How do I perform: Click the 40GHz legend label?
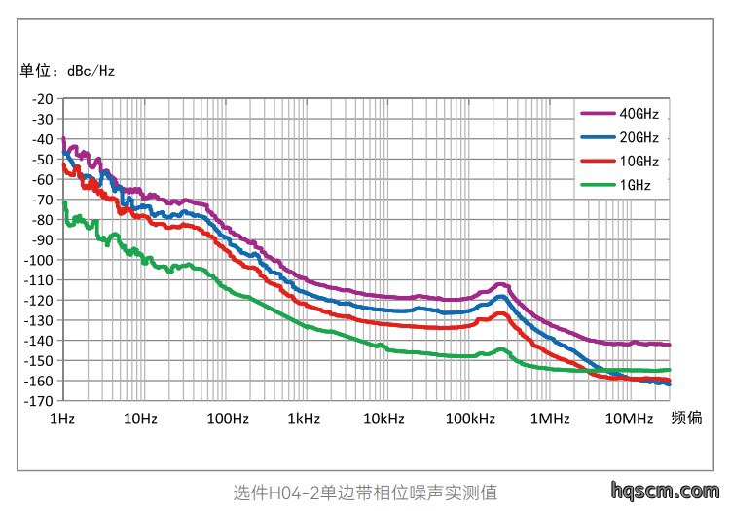coord(639,114)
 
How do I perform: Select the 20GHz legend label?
coord(639,137)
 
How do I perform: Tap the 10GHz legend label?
coord(639,162)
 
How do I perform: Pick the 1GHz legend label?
coord(635,185)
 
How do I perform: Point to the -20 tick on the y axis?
coord(43,99)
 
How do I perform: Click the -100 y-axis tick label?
coord(39,260)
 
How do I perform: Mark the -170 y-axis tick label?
coord(39,401)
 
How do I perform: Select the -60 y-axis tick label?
coord(43,179)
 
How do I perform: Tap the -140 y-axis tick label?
coord(39,341)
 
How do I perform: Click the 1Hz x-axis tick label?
coord(62,419)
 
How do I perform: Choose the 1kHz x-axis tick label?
coord(304,419)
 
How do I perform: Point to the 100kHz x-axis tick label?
coord(470,419)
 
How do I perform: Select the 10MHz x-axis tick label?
coord(630,419)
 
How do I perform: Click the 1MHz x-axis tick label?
coord(550,419)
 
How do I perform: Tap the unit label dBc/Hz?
coord(91,71)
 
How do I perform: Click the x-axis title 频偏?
coord(686,418)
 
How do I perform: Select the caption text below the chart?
coord(365,493)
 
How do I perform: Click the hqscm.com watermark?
coord(666,491)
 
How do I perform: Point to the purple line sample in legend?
coord(599,114)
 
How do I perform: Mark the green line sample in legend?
coord(599,185)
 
